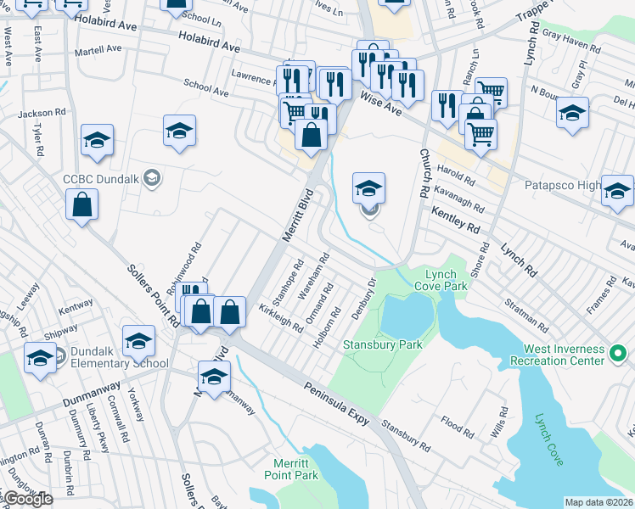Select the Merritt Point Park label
coord(295,469)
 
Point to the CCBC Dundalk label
coord(100,178)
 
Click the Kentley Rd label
coord(455,220)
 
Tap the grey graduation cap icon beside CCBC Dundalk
coord(151,177)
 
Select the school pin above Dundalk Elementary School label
coord(138,341)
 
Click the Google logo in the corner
coord(27,499)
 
